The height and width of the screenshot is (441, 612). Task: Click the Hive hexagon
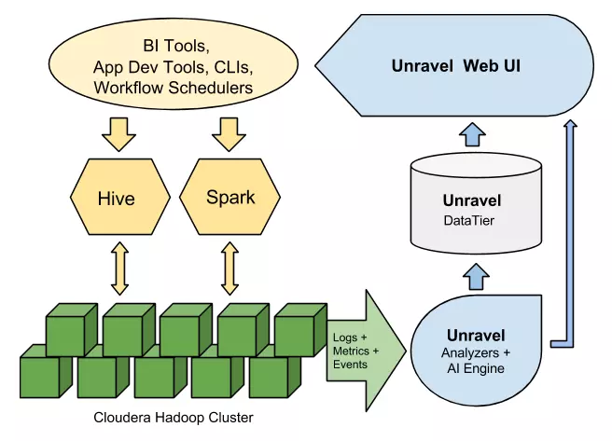pyautogui.click(x=120, y=197)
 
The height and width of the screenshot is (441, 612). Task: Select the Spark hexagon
pyautogui.click(x=229, y=197)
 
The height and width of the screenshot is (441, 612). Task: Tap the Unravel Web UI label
pyautogui.click(x=456, y=66)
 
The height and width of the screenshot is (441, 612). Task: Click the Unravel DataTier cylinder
pyautogui.click(x=476, y=202)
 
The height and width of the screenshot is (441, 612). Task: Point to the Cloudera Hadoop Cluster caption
pyautogui.click(x=174, y=418)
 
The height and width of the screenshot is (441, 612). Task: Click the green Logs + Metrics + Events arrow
pyautogui.click(x=366, y=351)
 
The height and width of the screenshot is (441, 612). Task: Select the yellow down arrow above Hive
pyautogui.click(x=119, y=134)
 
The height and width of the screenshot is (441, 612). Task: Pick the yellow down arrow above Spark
pyautogui.click(x=229, y=134)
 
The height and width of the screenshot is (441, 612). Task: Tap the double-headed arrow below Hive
pyautogui.click(x=119, y=269)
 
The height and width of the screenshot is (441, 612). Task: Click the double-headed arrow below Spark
pyautogui.click(x=229, y=269)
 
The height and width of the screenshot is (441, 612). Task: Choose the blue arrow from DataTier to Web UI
pyautogui.click(x=473, y=134)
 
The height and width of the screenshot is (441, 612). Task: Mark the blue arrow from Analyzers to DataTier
pyautogui.click(x=476, y=277)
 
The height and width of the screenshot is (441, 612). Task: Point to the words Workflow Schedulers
pyautogui.click(x=174, y=88)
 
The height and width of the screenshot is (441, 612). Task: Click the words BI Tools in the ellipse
pyautogui.click(x=176, y=46)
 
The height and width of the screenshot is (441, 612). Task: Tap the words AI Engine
pyautogui.click(x=476, y=368)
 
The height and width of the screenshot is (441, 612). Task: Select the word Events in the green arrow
pyautogui.click(x=350, y=365)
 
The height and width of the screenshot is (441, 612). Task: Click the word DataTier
pyautogui.click(x=468, y=221)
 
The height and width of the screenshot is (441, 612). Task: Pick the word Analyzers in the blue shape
pyautogui.click(x=470, y=353)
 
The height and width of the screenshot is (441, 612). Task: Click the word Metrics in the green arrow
pyautogui.click(x=351, y=351)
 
